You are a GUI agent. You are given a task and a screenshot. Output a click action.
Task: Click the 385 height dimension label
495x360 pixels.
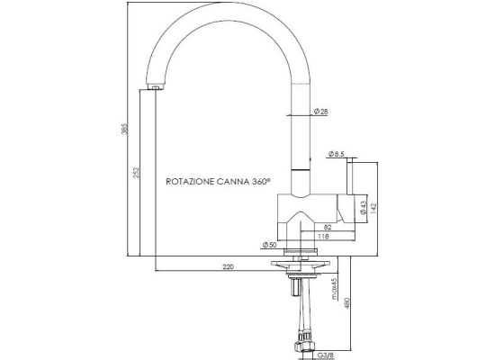[125, 129]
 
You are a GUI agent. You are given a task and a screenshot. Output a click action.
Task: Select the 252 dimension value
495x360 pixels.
[136, 173]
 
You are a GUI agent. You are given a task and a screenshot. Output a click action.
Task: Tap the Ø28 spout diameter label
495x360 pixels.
[321, 112]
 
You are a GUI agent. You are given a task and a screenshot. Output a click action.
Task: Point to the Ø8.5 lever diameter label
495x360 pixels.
[337, 154]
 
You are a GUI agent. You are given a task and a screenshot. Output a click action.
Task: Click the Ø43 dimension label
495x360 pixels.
[363, 208]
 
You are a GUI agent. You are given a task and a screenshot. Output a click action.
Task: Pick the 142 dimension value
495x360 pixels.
[373, 209]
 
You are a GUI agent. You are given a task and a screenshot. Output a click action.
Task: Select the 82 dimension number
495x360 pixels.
[328, 227]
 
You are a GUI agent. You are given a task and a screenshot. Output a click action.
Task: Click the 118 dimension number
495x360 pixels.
[323, 236]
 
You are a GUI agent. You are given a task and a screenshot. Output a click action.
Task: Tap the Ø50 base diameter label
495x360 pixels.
[269, 245]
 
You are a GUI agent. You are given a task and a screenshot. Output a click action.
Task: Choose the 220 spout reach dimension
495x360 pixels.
[229, 266]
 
